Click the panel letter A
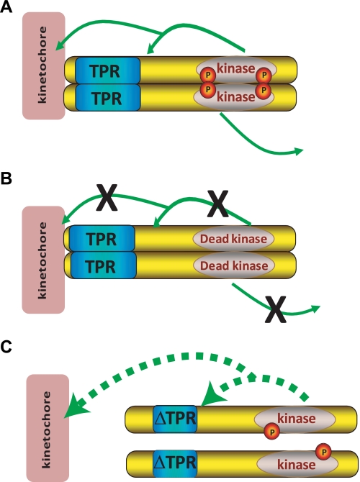coord(6,6)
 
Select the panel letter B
coord(6,178)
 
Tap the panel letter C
coord(6,347)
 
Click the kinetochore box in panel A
coord(44,65)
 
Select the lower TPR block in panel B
coord(104,265)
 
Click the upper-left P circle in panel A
coord(208,75)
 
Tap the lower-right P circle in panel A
coord(264,91)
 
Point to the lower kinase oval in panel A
coord(233,96)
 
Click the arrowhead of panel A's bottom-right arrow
coord(300,151)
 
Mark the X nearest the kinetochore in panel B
coord(107,197)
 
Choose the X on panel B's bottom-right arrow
coord(276,309)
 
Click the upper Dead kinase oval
coord(233,239)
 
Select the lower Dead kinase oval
coord(234,265)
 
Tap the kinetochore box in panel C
coord(48,428)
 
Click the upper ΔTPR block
coord(175,419)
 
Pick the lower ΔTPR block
coord(175,463)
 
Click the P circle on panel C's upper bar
coord(272,432)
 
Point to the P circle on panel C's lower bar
coord(323,452)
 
